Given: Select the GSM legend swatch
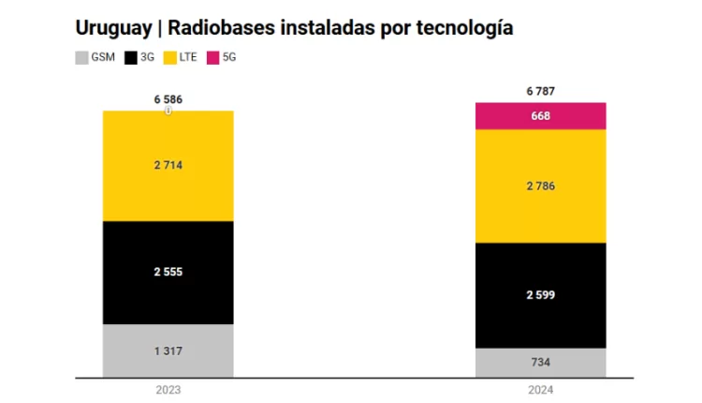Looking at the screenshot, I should pos(81,58).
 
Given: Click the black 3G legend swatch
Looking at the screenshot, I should pos(130,58).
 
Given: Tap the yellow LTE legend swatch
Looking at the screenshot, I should pos(170,58).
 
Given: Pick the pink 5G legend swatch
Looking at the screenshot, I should pos(214,58).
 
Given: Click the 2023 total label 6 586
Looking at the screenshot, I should pos(168,97).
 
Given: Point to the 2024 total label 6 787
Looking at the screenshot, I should pos(541,90).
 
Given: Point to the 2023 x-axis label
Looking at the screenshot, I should pos(168,389).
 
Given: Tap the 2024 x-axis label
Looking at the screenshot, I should pos(541,389).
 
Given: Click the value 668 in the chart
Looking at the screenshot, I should pos(541,116).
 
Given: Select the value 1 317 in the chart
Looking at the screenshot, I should pos(168,351).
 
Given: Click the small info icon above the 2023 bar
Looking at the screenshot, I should pos(168,110).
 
